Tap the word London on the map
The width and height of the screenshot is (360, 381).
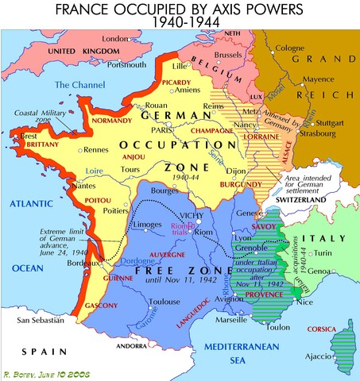116,38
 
